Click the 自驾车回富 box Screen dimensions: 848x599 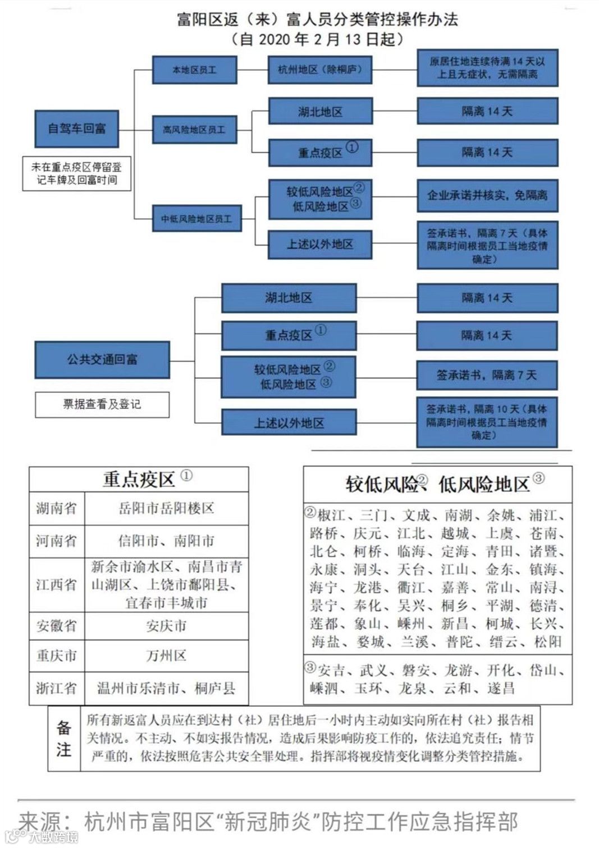[76, 128]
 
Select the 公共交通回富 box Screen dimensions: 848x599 [102, 359]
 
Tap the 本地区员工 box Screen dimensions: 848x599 [194, 70]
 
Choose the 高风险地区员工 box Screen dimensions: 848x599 [194, 130]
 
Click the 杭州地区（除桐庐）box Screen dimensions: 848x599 [320, 70]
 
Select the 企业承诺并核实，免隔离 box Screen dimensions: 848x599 [487, 195]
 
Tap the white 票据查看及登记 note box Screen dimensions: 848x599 [102, 404]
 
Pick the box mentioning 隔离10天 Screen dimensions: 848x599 [487, 422]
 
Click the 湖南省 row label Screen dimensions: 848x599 [56, 509]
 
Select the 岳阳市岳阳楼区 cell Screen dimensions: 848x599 [166, 509]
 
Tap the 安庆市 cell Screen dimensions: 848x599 [166, 626]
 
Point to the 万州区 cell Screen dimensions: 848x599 [166, 656]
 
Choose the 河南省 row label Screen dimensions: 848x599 [56, 541]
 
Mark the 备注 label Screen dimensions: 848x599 [63, 738]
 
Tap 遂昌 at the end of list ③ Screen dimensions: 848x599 [501, 688]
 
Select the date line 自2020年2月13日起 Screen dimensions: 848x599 [317, 39]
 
